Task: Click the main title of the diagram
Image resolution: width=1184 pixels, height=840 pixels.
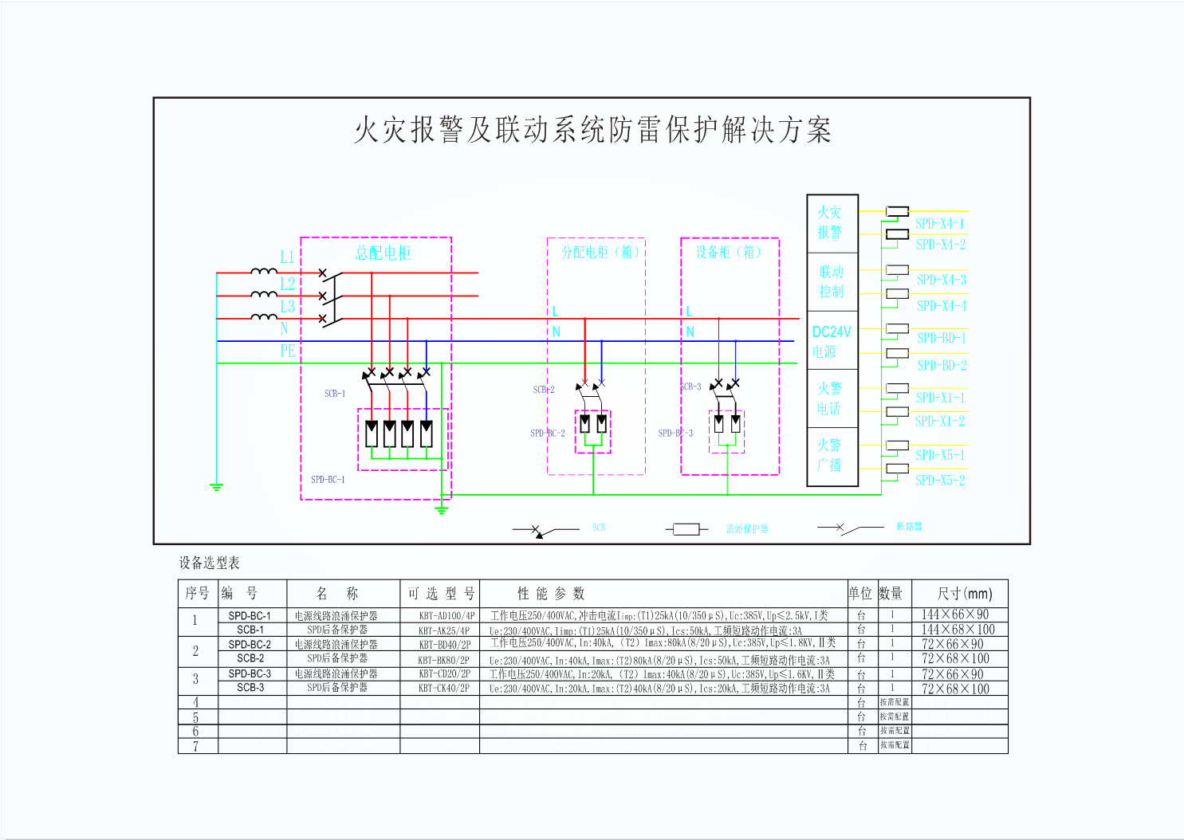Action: (592, 130)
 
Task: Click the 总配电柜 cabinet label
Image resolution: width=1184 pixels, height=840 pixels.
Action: (383, 253)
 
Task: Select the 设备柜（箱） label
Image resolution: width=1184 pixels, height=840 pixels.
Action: (728, 252)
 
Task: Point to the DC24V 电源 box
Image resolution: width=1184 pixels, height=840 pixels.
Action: (832, 341)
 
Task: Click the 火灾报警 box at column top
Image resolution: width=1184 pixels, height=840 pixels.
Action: (830, 222)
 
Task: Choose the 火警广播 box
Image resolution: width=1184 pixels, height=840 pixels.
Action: (829, 454)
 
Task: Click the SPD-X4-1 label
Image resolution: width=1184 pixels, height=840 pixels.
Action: (940, 224)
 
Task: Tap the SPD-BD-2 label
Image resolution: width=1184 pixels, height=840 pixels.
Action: (942, 366)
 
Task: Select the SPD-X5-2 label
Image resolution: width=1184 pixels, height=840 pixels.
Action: (940, 481)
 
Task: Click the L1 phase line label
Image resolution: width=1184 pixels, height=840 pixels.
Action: (287, 257)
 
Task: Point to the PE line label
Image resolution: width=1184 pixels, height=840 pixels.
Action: (288, 351)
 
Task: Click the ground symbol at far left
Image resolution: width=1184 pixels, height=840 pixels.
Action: (216, 486)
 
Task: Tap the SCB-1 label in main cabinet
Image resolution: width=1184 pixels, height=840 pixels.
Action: (335, 394)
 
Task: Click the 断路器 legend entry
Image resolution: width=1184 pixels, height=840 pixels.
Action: (909, 527)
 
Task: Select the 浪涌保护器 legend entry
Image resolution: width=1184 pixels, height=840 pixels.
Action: (747, 529)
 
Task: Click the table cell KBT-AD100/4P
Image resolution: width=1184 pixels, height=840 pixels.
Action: (446, 615)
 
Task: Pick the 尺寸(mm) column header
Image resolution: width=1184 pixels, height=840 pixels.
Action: (965, 594)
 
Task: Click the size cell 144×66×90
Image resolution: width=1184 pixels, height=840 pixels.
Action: (955, 614)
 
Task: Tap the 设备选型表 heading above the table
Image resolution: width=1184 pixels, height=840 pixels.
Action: (209, 563)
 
